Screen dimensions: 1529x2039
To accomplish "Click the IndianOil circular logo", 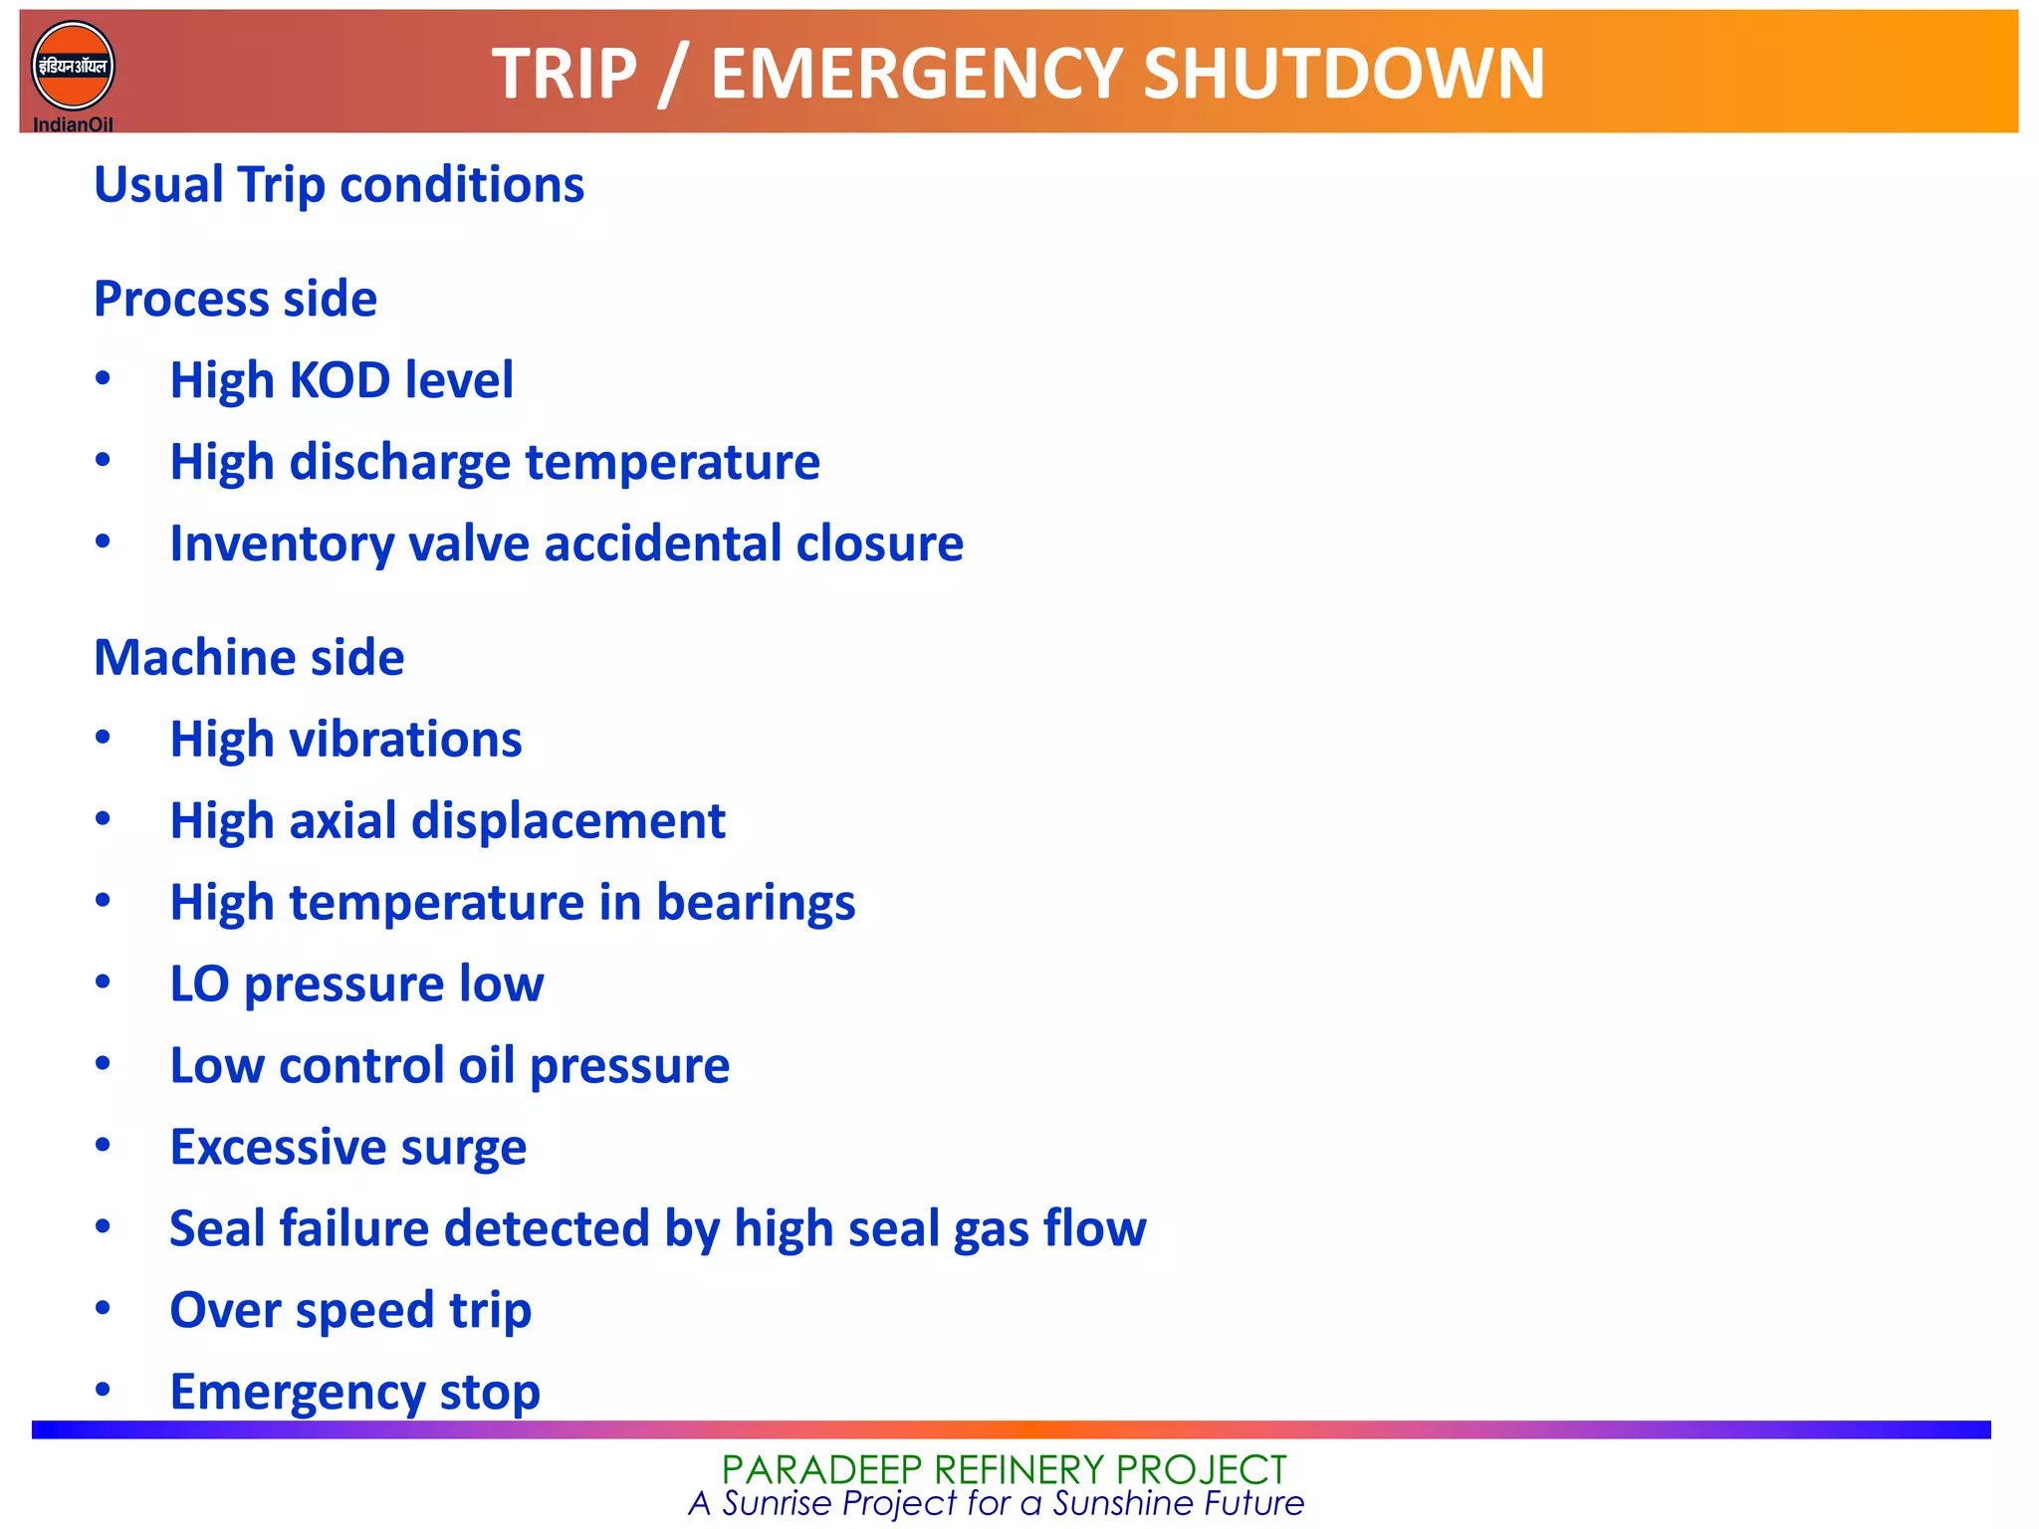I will click(73, 67).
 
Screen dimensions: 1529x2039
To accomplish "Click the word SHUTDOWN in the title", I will click(1343, 75).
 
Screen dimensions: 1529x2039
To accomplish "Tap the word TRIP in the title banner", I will click(564, 75).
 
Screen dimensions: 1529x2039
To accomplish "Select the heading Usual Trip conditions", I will click(339, 185).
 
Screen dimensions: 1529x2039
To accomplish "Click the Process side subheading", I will click(235, 299).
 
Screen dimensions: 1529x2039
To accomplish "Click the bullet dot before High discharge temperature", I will click(103, 460).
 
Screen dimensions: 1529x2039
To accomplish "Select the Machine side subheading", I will click(249, 658).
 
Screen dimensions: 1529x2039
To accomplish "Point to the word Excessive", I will click(277, 1148).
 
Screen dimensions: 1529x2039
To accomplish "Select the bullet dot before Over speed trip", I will click(103, 1308).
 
